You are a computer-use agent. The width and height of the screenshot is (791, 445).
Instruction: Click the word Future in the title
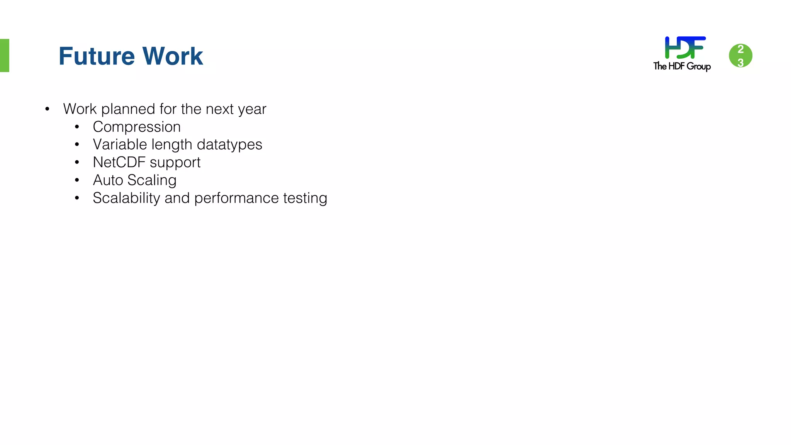tap(97, 56)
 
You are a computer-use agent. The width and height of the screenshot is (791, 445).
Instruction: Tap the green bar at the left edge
tap(4, 55)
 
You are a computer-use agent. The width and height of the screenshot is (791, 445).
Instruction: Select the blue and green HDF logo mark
tap(685, 48)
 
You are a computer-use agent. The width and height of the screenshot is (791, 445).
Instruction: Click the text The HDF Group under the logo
tap(682, 66)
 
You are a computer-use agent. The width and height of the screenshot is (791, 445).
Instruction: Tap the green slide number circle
tap(740, 56)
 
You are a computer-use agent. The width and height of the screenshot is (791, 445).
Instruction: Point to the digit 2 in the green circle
tap(740, 49)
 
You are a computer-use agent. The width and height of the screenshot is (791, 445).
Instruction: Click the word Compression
tap(137, 127)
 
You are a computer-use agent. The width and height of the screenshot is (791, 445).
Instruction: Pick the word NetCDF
tap(119, 163)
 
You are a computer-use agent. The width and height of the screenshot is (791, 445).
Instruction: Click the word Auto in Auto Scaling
tap(108, 180)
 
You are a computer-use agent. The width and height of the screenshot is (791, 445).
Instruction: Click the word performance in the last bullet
tap(236, 199)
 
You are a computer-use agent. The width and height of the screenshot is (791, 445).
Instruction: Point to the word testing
tap(305, 199)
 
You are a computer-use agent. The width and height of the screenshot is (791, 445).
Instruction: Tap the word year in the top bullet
tap(252, 110)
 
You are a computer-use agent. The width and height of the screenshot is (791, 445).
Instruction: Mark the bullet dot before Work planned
tap(47, 109)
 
